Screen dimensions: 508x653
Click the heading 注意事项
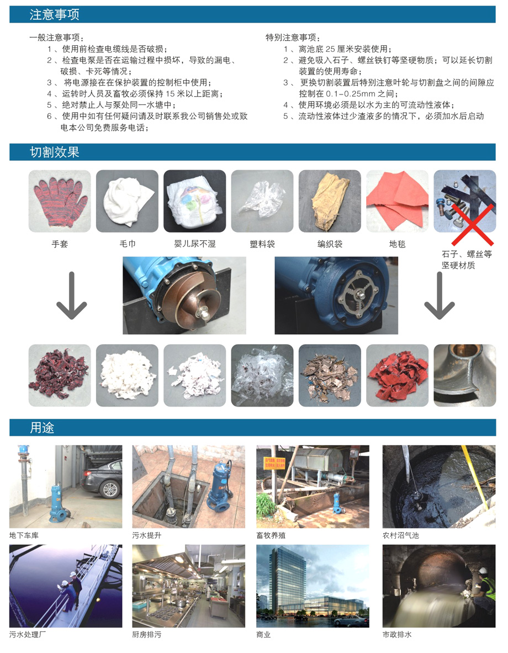[54, 14]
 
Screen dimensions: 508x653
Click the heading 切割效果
[54, 152]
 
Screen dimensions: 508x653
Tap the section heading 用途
[42, 428]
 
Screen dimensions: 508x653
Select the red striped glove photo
[60, 201]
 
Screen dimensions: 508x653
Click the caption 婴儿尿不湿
[195, 244]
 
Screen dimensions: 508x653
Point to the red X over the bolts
[473, 225]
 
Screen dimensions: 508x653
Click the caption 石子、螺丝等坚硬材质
[467, 260]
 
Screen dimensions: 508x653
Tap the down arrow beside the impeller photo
[72, 296]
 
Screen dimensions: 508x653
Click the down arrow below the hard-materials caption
[440, 296]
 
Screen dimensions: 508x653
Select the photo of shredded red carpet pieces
[397, 375]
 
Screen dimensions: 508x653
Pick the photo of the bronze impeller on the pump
[184, 295]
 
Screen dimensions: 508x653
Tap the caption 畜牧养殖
[271, 535]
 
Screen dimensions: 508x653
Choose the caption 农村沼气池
[400, 535]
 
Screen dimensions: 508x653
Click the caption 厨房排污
[146, 634]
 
